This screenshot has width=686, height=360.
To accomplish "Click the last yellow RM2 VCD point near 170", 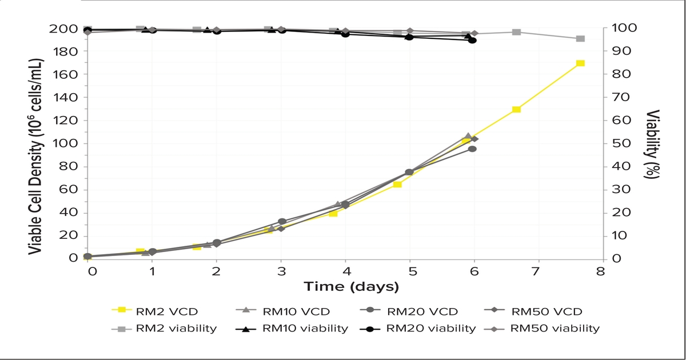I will coord(580,63).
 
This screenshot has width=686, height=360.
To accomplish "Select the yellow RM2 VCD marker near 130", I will coord(516,109).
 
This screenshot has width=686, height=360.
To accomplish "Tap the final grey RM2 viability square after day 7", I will coord(580,39).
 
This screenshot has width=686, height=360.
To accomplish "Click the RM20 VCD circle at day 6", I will coord(472,149).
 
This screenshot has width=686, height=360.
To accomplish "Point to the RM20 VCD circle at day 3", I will coord(282,222).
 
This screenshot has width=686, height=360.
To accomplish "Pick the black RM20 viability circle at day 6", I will coord(472,40).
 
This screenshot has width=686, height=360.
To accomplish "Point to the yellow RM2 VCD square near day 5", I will coord(397,184).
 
